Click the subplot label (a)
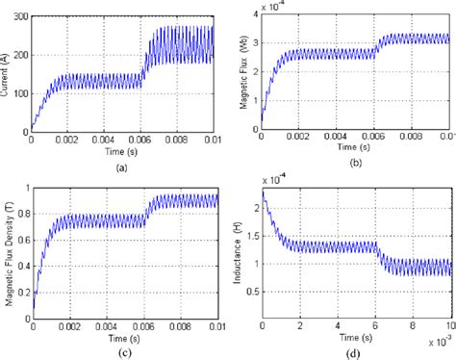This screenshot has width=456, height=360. (120, 167)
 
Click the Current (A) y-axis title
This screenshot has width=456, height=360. (8, 72)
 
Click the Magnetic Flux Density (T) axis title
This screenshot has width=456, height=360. (8, 251)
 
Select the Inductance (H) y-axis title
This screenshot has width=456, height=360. (240, 252)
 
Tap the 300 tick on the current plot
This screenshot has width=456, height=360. (19, 18)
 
